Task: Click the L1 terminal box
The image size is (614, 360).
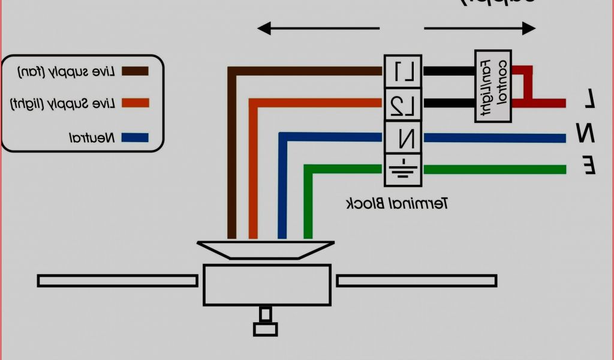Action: point(404,71)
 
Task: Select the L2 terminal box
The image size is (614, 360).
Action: point(404,104)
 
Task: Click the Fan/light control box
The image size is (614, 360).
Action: point(493,86)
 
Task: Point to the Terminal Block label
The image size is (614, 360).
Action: point(398,203)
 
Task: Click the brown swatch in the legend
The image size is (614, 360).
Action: point(135,71)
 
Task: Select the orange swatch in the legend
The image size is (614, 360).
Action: point(135,104)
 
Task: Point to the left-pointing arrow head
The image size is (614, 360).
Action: point(264,28)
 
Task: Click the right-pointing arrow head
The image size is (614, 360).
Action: point(529,28)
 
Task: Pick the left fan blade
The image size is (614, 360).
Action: point(118,280)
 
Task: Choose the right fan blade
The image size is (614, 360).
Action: point(417,280)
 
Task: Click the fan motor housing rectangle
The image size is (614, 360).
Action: point(267,284)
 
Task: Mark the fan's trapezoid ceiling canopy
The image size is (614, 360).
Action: point(266,249)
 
